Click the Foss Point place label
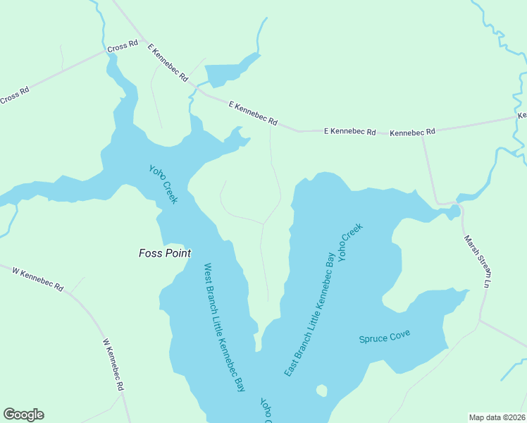point(165,253)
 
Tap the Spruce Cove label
point(384,337)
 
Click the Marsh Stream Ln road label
point(476,261)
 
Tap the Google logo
point(23,415)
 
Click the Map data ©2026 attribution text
point(497,417)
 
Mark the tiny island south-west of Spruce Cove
point(322,390)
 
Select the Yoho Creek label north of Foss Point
point(163,184)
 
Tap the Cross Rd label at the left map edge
point(14,94)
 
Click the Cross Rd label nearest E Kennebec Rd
point(122,47)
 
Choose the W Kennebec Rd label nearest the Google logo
point(113,364)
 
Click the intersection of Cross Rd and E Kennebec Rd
point(143,40)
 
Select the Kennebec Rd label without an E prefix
point(412,132)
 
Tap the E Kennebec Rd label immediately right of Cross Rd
point(168,61)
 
